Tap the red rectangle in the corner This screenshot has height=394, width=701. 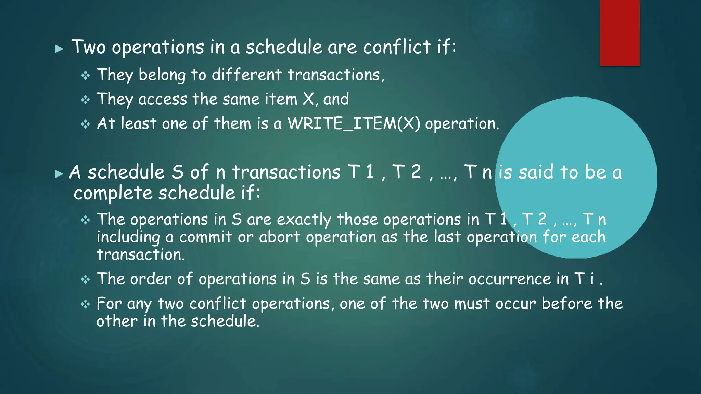620,32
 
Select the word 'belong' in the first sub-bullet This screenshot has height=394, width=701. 162,75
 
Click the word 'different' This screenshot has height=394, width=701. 246,75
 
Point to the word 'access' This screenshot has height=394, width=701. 163,100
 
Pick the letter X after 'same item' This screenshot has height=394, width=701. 308,99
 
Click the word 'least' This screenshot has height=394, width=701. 139,123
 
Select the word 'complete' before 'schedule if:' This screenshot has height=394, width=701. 113,193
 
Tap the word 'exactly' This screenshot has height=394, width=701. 304,220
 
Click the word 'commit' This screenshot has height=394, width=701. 206,237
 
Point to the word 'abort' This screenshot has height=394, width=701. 279,237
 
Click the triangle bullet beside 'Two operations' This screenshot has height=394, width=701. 59,49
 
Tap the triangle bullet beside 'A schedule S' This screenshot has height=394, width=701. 59,174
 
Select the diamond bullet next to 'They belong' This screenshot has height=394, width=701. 86,75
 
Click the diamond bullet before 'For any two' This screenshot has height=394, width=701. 86,304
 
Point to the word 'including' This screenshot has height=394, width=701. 128,237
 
